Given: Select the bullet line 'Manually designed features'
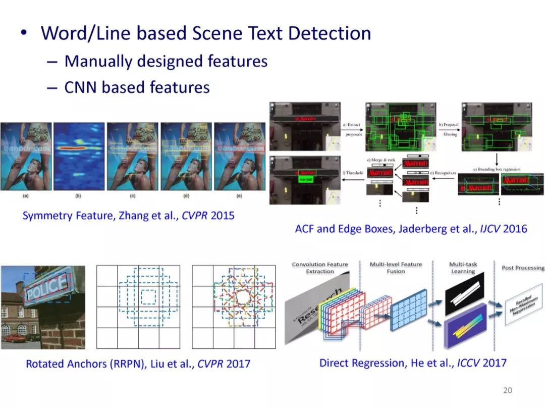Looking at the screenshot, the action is click(x=166, y=62).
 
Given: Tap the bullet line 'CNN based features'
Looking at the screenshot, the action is click(x=137, y=87).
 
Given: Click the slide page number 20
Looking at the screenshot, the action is click(x=508, y=390).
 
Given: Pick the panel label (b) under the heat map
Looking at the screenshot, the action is click(x=78, y=195).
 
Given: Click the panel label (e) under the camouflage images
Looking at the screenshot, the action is click(x=239, y=195).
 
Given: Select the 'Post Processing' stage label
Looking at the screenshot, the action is click(x=523, y=268).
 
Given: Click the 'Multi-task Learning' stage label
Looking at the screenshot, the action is click(x=462, y=268).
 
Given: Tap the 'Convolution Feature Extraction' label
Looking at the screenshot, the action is click(x=320, y=268).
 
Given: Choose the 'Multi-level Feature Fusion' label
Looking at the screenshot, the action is click(x=396, y=268).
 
